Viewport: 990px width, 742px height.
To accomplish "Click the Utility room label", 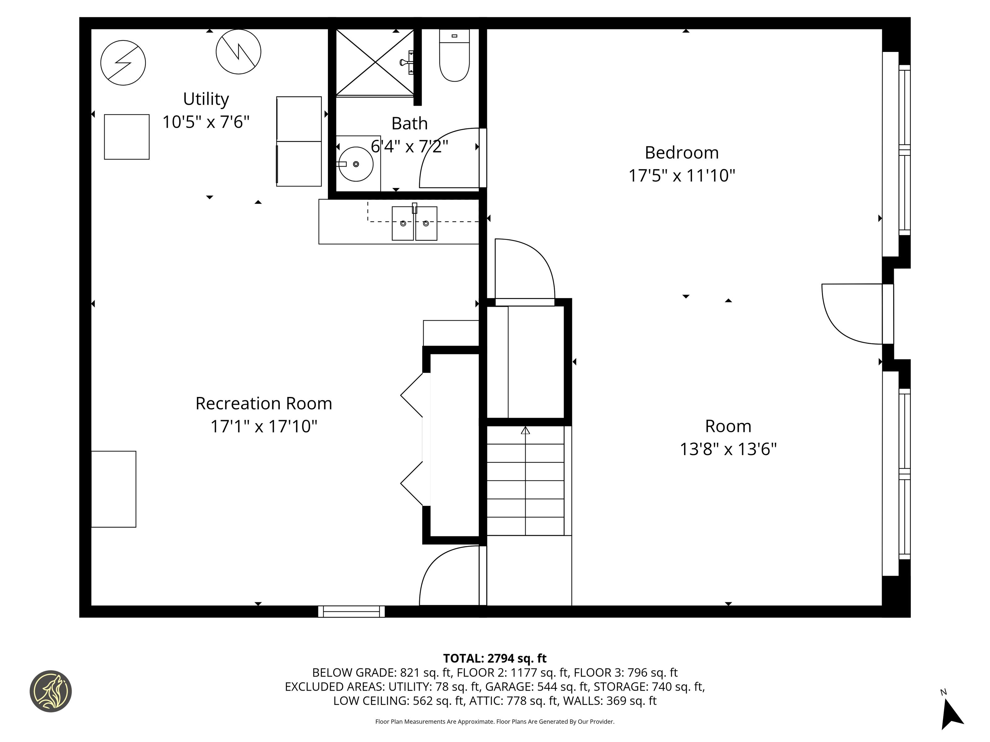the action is coord(206,99).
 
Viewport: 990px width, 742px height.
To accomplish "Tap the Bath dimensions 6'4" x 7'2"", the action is coord(410,146).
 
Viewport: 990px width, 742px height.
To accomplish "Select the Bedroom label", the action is coord(682,152).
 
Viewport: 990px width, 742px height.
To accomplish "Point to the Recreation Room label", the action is coord(264,403).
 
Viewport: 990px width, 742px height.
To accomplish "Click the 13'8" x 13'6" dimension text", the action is coord(728,449).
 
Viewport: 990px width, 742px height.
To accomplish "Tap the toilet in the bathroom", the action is coord(454,55).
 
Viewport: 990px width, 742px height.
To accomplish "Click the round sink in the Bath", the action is coord(356,164).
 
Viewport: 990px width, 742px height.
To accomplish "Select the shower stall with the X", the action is coord(375,63).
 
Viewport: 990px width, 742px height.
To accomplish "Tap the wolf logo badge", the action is coord(50,691).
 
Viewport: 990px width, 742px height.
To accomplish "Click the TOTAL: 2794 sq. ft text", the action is coord(495,658).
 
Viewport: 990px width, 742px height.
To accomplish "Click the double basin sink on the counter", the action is coord(415,223).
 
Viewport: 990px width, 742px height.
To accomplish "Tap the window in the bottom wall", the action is coord(351,612).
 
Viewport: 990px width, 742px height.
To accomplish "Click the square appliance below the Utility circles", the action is coord(127,137).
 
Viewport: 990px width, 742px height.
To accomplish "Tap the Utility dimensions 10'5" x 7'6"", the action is coord(206,122).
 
